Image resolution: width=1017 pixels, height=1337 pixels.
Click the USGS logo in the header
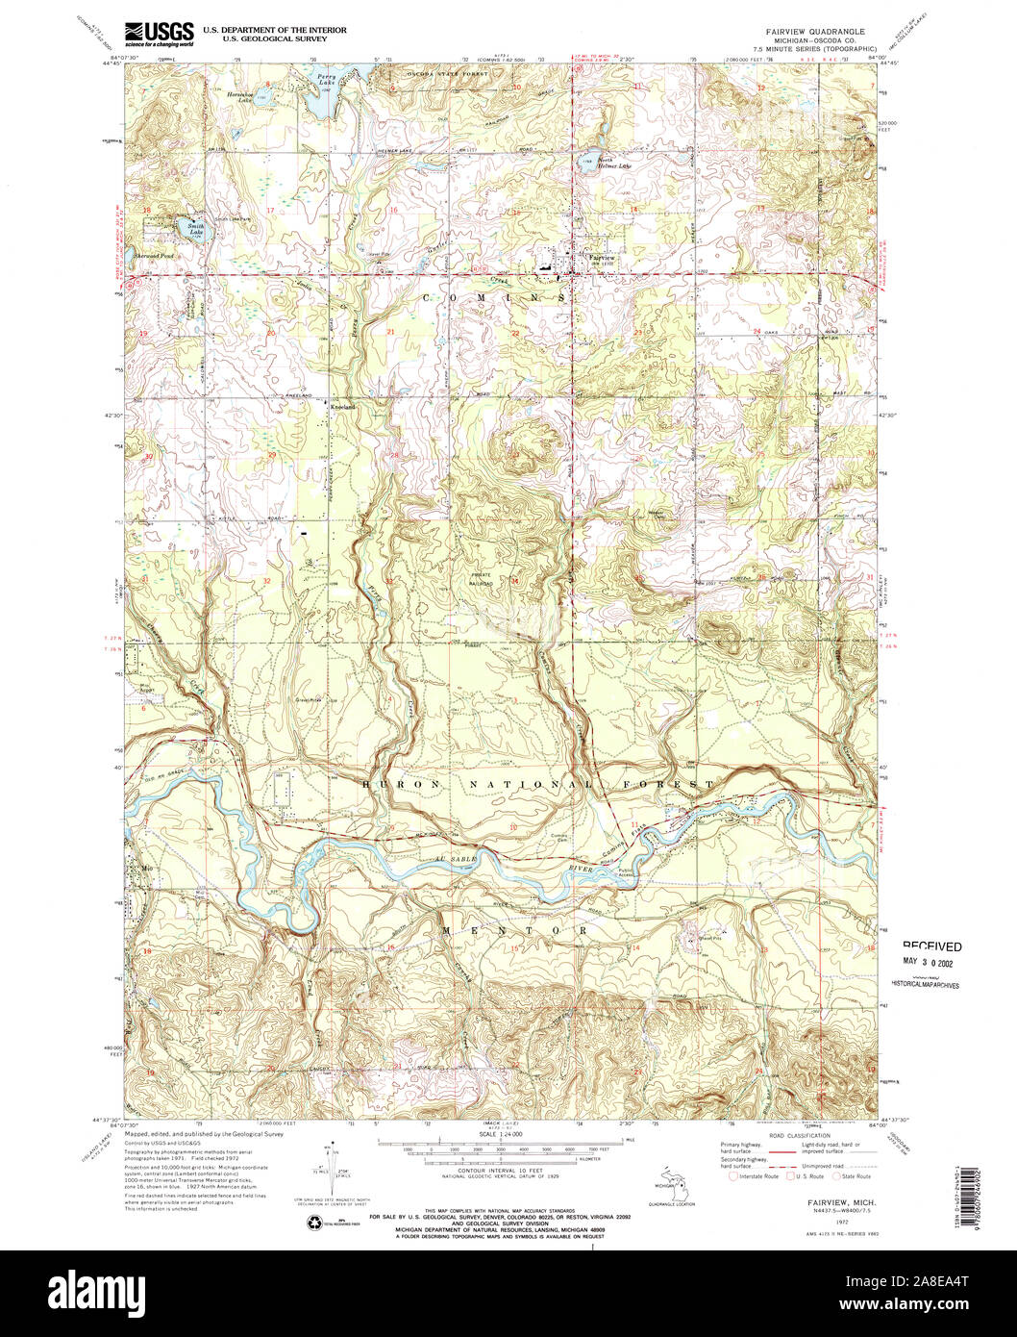(x=159, y=32)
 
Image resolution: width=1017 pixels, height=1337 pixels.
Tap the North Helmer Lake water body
(x=586, y=162)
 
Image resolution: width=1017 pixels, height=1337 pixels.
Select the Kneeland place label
(x=343, y=407)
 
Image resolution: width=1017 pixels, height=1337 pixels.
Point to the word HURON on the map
(x=390, y=785)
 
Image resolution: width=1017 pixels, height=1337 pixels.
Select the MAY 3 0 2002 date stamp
(x=930, y=960)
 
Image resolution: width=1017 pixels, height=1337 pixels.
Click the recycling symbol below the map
(x=315, y=1223)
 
